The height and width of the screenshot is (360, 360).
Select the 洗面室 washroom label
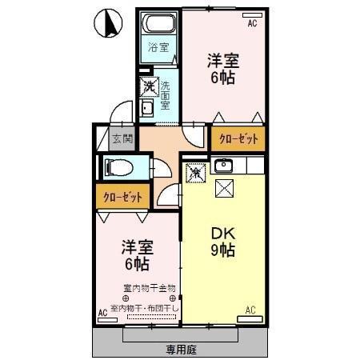click(x=166, y=94)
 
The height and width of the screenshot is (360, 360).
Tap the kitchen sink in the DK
click(x=224, y=166)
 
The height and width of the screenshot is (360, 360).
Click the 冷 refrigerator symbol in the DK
click(x=194, y=170)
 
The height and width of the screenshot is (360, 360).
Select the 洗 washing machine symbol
click(x=148, y=84)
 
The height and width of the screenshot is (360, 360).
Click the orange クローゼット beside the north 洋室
click(x=238, y=139)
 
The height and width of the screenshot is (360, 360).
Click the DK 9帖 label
click(x=222, y=241)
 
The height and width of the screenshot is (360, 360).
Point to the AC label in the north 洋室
click(x=252, y=25)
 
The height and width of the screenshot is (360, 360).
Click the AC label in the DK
click(x=250, y=310)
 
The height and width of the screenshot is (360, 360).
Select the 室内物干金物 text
click(x=149, y=287)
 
